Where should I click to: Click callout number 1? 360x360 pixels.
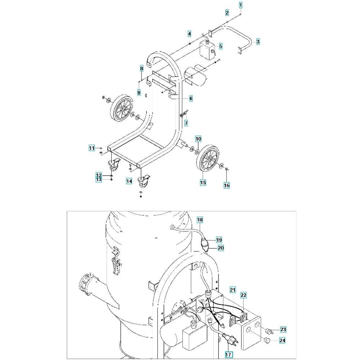(x=240, y=5)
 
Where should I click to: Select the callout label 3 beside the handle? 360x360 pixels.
(x=258, y=42)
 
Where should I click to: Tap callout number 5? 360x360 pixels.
(x=221, y=46)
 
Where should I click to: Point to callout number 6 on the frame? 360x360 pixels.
(x=191, y=99)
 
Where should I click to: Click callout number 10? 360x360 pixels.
(x=198, y=139)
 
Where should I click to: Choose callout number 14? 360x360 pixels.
(x=129, y=181)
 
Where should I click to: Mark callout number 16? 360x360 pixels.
(x=226, y=185)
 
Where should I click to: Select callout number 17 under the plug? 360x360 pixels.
(x=228, y=355)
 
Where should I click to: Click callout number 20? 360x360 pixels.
(x=221, y=248)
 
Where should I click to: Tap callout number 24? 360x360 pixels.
(x=282, y=340)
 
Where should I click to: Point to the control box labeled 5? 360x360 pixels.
(x=208, y=50)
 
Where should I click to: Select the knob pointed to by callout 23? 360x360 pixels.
(x=269, y=331)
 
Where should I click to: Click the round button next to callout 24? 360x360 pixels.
(x=267, y=339)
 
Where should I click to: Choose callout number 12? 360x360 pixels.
(x=99, y=175)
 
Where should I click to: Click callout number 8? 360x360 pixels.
(x=141, y=68)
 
